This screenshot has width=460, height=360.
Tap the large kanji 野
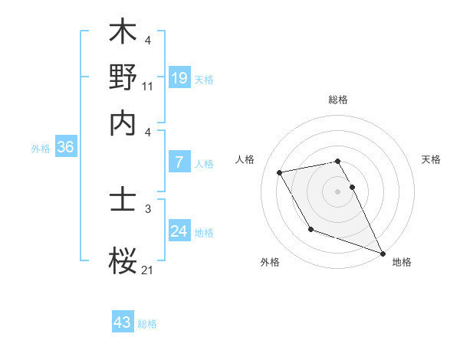pos(123,77)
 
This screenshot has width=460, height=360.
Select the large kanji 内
pos(123,123)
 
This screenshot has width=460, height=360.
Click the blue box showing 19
pos(179,77)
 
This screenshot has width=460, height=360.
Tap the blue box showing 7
pos(179,162)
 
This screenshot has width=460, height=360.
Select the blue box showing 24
pos(179,231)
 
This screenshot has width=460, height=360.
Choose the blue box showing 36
pos(65,148)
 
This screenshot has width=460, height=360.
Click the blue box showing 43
pos(123,322)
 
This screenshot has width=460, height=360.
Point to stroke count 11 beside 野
pos(148,87)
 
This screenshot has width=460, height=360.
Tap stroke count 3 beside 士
pos(148,208)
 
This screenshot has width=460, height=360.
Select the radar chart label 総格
pos(338,100)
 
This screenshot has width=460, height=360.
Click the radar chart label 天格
pos(432,159)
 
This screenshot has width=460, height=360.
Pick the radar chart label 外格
pos(270,262)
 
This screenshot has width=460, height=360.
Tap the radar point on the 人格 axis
pos(280,172)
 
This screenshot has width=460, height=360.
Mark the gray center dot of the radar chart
pos(338,191)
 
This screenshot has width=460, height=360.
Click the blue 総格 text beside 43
pos(147,324)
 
